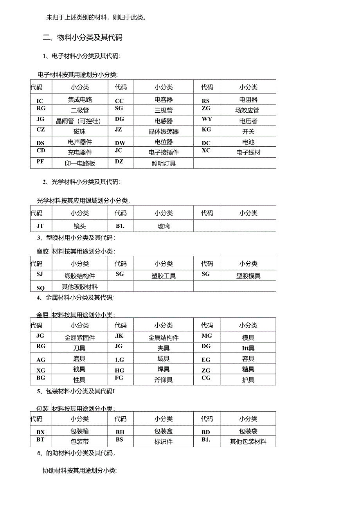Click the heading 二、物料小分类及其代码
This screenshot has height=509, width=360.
(83, 38)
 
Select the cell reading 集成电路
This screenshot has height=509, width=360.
(80, 100)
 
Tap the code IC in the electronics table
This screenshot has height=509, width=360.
(40, 101)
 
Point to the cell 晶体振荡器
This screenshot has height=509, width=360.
(164, 131)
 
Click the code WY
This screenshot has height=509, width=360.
(207, 119)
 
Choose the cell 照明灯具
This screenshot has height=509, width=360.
(164, 163)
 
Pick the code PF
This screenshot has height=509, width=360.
(40, 161)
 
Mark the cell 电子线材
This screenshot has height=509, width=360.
(248, 153)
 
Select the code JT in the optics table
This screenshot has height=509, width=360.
(40, 226)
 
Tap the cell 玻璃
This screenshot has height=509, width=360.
(164, 226)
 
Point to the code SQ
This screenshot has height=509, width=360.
(40, 288)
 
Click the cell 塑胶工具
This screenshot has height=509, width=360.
(164, 276)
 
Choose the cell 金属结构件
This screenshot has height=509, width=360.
(164, 338)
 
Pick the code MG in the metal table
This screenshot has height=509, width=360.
(207, 336)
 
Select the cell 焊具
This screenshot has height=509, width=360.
(164, 369)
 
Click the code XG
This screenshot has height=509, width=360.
(41, 370)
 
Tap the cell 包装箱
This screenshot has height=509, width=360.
(79, 431)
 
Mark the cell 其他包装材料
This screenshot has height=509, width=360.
(248, 442)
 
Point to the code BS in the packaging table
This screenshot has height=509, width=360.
(119, 440)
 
